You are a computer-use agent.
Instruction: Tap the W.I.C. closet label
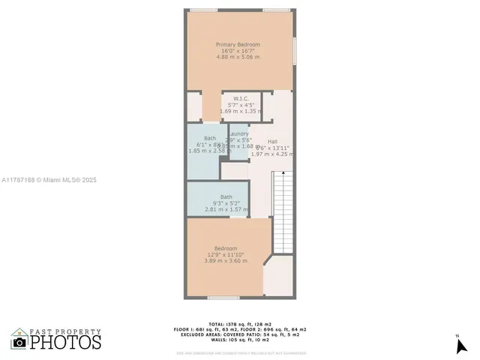pos(240,98)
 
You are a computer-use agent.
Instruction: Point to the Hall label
pos(272,142)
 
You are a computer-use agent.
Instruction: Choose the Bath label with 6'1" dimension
pos(209,138)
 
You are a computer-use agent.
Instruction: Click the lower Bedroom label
pos(226,249)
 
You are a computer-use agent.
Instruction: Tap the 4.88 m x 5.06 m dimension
pos(238,57)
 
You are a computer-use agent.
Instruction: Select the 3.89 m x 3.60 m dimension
pos(226,261)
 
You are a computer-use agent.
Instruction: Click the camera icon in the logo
pos(19,342)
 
